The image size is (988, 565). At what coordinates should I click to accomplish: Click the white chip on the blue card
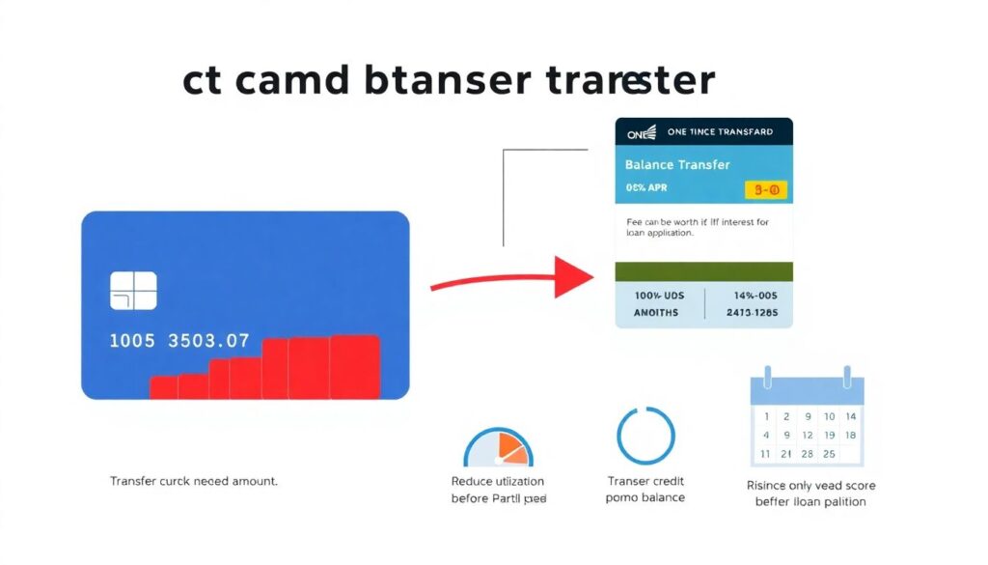pos(133,291)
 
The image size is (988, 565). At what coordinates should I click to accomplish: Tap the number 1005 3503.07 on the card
pos(178,341)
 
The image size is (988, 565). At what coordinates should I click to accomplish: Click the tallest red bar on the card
pos(354,366)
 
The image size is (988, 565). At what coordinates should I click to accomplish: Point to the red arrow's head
pos(576,277)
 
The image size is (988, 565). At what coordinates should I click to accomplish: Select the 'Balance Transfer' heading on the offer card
pos(677,164)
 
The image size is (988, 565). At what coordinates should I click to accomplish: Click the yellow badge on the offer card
pos(767,190)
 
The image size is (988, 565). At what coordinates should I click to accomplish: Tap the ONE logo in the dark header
pos(641,131)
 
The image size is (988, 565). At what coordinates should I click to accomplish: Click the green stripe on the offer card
pos(703,271)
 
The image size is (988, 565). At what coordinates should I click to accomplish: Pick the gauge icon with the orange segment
pos(498,448)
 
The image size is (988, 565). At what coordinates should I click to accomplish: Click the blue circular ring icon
pos(645,436)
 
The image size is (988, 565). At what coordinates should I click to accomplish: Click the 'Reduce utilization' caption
pos(498,481)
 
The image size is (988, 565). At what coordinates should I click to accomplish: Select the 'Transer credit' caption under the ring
pos(645,481)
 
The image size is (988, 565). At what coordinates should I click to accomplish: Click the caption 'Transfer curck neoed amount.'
pos(193,481)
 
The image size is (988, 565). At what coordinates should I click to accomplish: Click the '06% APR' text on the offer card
pos(648,187)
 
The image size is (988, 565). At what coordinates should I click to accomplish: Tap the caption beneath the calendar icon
pos(810,494)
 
